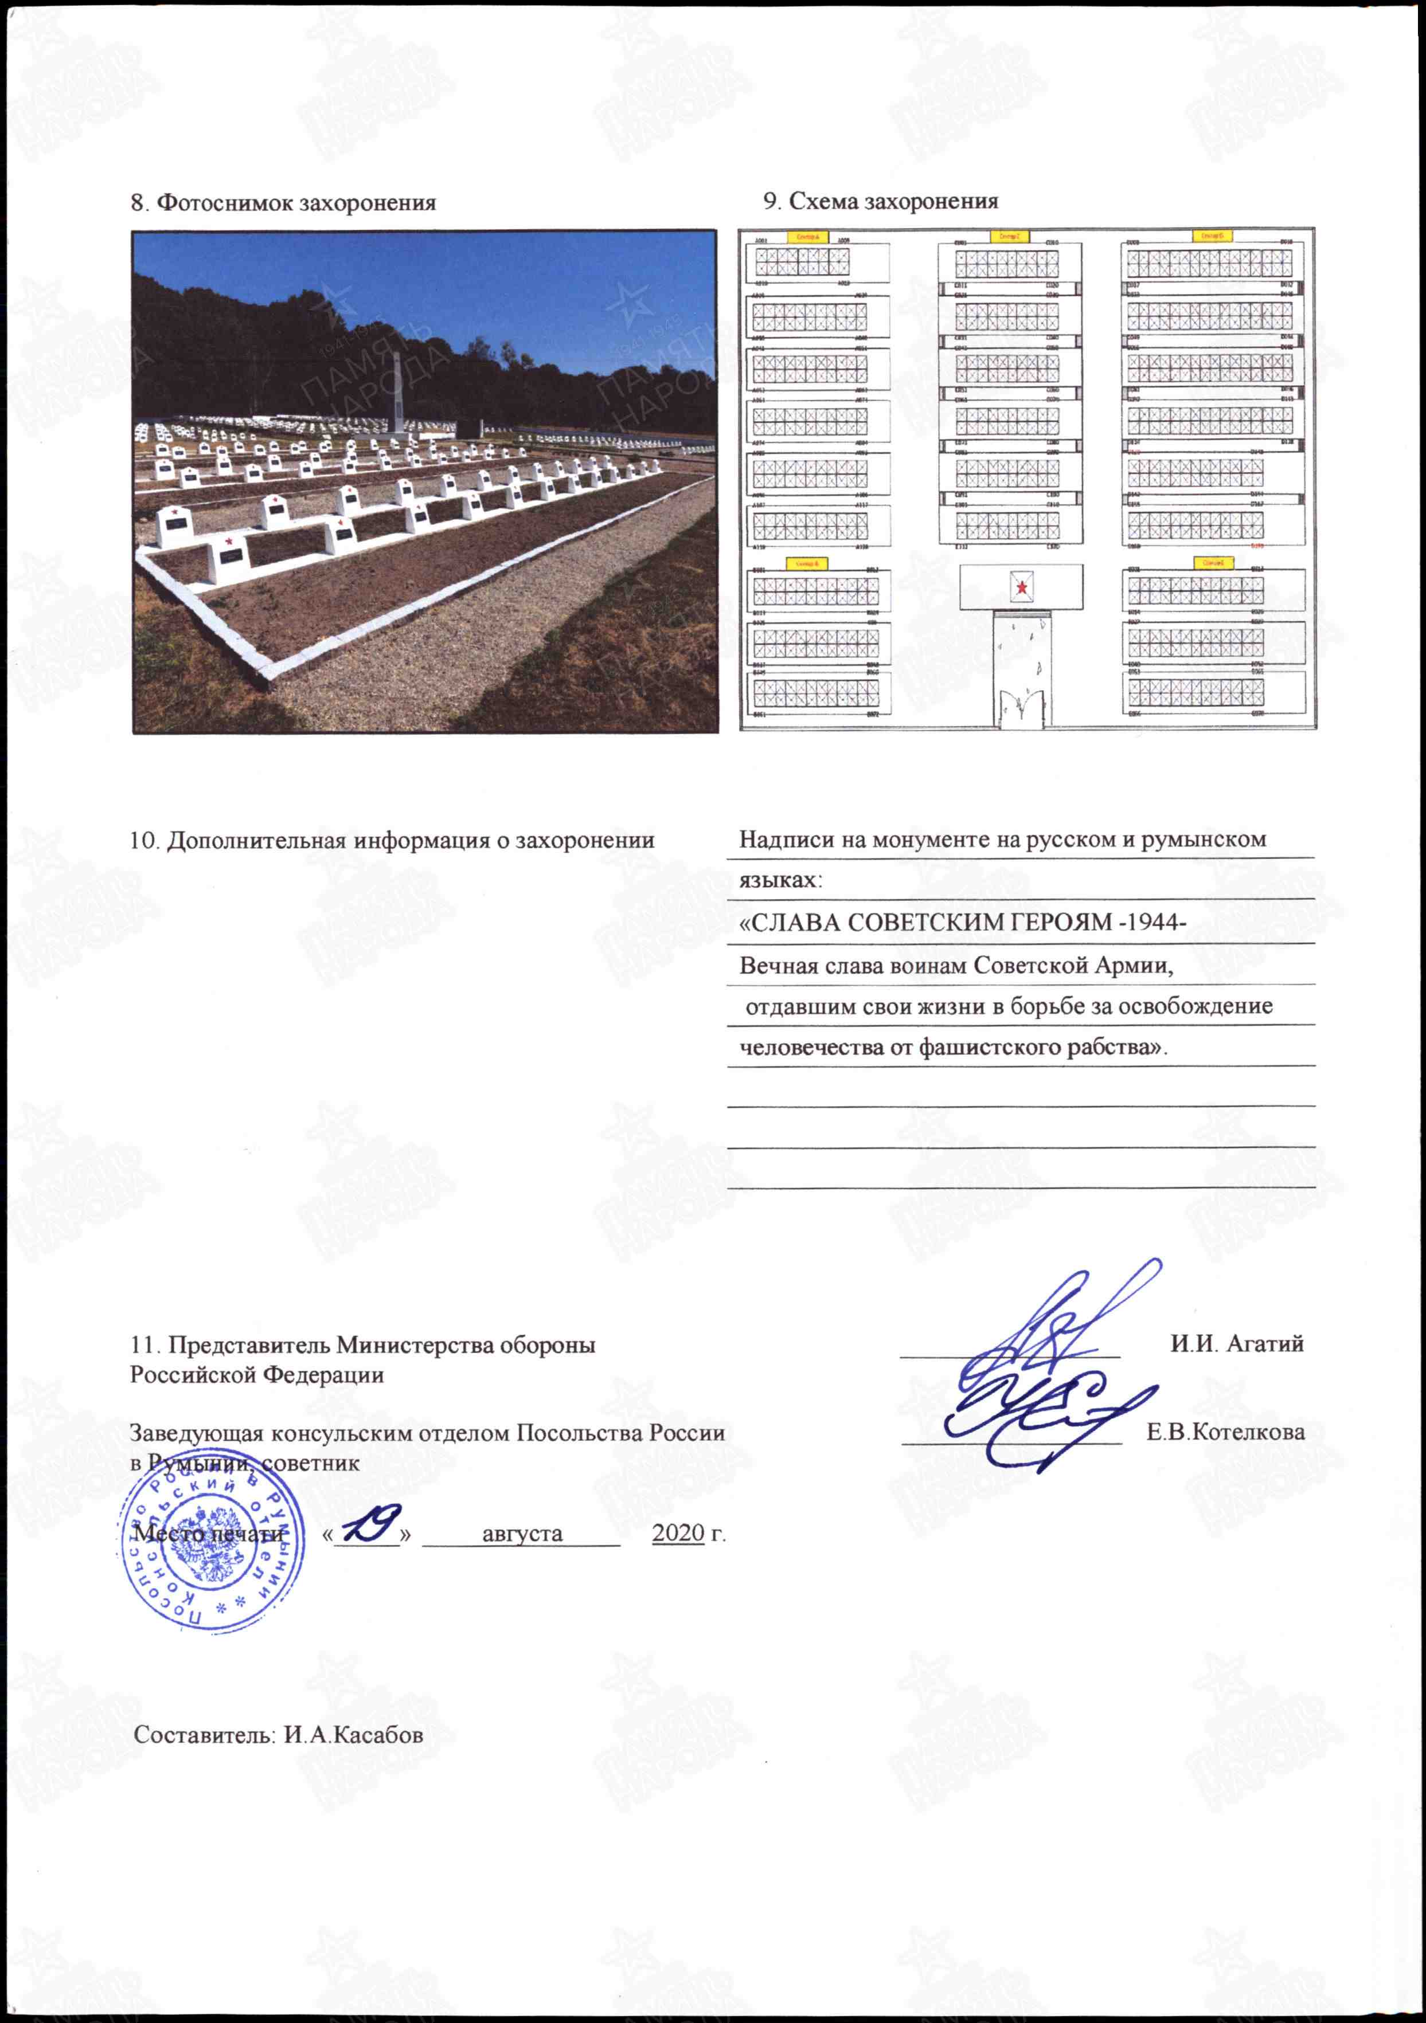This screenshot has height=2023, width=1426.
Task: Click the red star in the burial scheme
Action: [x=1021, y=587]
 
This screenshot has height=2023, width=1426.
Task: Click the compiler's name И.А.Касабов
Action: [x=353, y=1734]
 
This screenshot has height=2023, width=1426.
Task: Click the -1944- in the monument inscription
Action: [x=1152, y=923]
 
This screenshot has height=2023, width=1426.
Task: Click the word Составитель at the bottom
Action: [x=205, y=1734]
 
